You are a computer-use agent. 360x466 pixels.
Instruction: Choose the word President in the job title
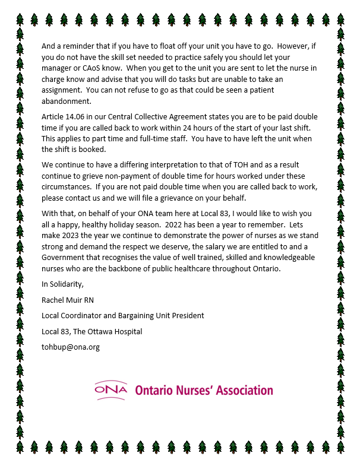(187, 315)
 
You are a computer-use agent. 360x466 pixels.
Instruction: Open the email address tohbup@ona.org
(71, 346)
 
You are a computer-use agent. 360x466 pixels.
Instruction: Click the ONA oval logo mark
(110, 389)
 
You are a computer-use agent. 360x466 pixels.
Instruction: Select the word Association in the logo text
(245, 390)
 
